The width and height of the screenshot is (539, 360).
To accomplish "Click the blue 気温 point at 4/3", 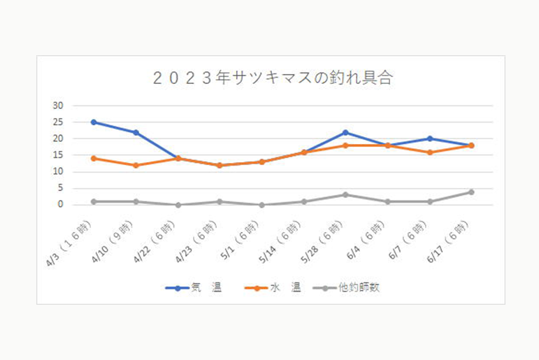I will (x=94, y=122).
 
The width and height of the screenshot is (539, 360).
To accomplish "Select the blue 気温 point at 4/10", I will (x=136, y=132).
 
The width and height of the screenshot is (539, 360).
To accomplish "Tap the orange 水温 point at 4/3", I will (x=94, y=158).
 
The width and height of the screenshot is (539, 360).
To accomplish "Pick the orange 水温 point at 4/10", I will (x=136, y=165).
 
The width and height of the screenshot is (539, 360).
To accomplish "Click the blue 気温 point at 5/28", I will (x=345, y=132).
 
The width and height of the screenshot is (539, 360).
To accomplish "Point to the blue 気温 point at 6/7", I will (x=429, y=138).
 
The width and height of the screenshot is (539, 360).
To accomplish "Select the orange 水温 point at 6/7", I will (x=429, y=152).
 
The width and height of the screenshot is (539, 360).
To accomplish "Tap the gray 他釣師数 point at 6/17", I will (x=471, y=192).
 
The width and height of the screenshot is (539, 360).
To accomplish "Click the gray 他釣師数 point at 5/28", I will (x=345, y=194).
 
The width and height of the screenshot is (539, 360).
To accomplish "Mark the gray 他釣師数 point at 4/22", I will (x=178, y=205).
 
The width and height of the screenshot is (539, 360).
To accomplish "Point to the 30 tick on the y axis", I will (x=57, y=106).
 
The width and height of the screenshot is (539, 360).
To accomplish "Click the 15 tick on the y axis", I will (x=57, y=155).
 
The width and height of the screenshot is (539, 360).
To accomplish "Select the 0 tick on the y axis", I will (x=60, y=205).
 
